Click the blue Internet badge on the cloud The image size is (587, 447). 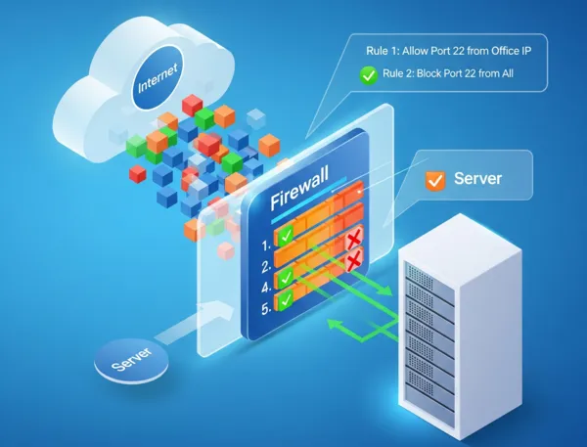pyautogui.click(x=158, y=87)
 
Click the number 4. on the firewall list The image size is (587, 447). pyautogui.click(x=265, y=288)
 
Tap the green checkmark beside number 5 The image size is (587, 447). pyautogui.click(x=286, y=301)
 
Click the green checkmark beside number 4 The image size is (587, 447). pyautogui.click(x=285, y=279)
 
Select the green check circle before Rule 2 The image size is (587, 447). pyautogui.click(x=367, y=72)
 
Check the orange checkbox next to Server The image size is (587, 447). pyautogui.click(x=434, y=180)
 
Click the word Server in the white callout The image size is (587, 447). pyautogui.click(x=477, y=179)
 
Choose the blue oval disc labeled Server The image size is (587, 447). pyautogui.click(x=130, y=363)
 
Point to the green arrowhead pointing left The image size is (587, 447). pyautogui.click(x=333, y=324)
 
